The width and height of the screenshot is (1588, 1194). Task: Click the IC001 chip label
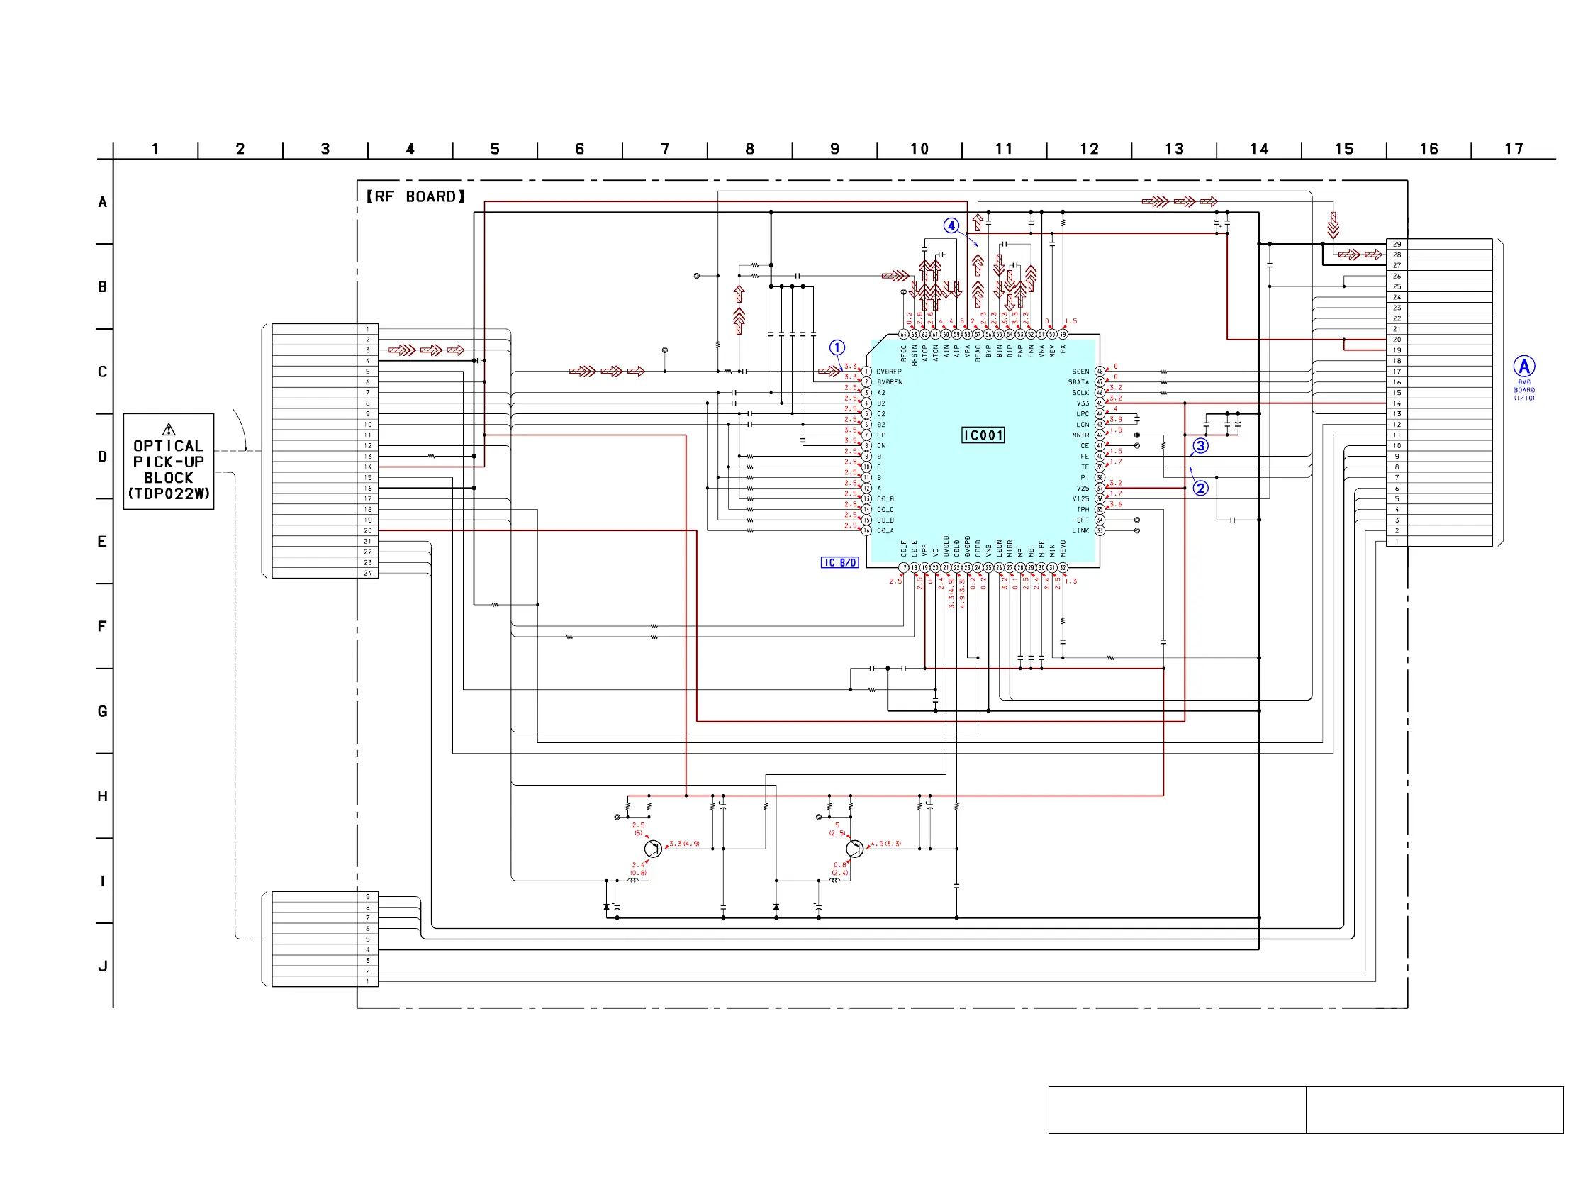click(983, 435)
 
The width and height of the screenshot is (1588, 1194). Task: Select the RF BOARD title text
click(415, 196)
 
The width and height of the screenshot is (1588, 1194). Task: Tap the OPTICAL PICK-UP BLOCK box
click(169, 462)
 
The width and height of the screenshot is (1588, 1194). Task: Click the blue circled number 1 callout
click(837, 347)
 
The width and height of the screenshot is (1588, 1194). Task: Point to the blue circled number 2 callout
click(1200, 489)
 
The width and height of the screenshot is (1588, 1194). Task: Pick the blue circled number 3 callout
click(1200, 446)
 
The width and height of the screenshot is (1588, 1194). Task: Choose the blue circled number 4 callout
click(951, 225)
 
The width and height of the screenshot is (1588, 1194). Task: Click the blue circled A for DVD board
click(1524, 367)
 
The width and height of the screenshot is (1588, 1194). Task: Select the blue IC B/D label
click(839, 563)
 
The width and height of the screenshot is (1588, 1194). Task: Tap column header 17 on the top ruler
click(1514, 150)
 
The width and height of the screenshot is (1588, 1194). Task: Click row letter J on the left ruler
click(103, 966)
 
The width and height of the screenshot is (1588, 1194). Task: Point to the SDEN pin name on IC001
click(1080, 372)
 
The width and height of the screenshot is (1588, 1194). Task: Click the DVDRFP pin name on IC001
click(889, 372)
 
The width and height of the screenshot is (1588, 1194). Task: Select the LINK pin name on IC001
click(1080, 531)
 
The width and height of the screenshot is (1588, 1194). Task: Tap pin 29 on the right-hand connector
click(1397, 244)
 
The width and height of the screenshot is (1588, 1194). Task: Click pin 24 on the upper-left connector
click(367, 573)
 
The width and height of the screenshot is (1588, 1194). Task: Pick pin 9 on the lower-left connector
click(367, 897)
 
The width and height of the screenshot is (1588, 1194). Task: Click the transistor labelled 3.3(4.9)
click(653, 849)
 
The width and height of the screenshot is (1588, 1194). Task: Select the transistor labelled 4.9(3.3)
click(854, 849)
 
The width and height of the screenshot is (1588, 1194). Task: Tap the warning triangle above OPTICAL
click(169, 430)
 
